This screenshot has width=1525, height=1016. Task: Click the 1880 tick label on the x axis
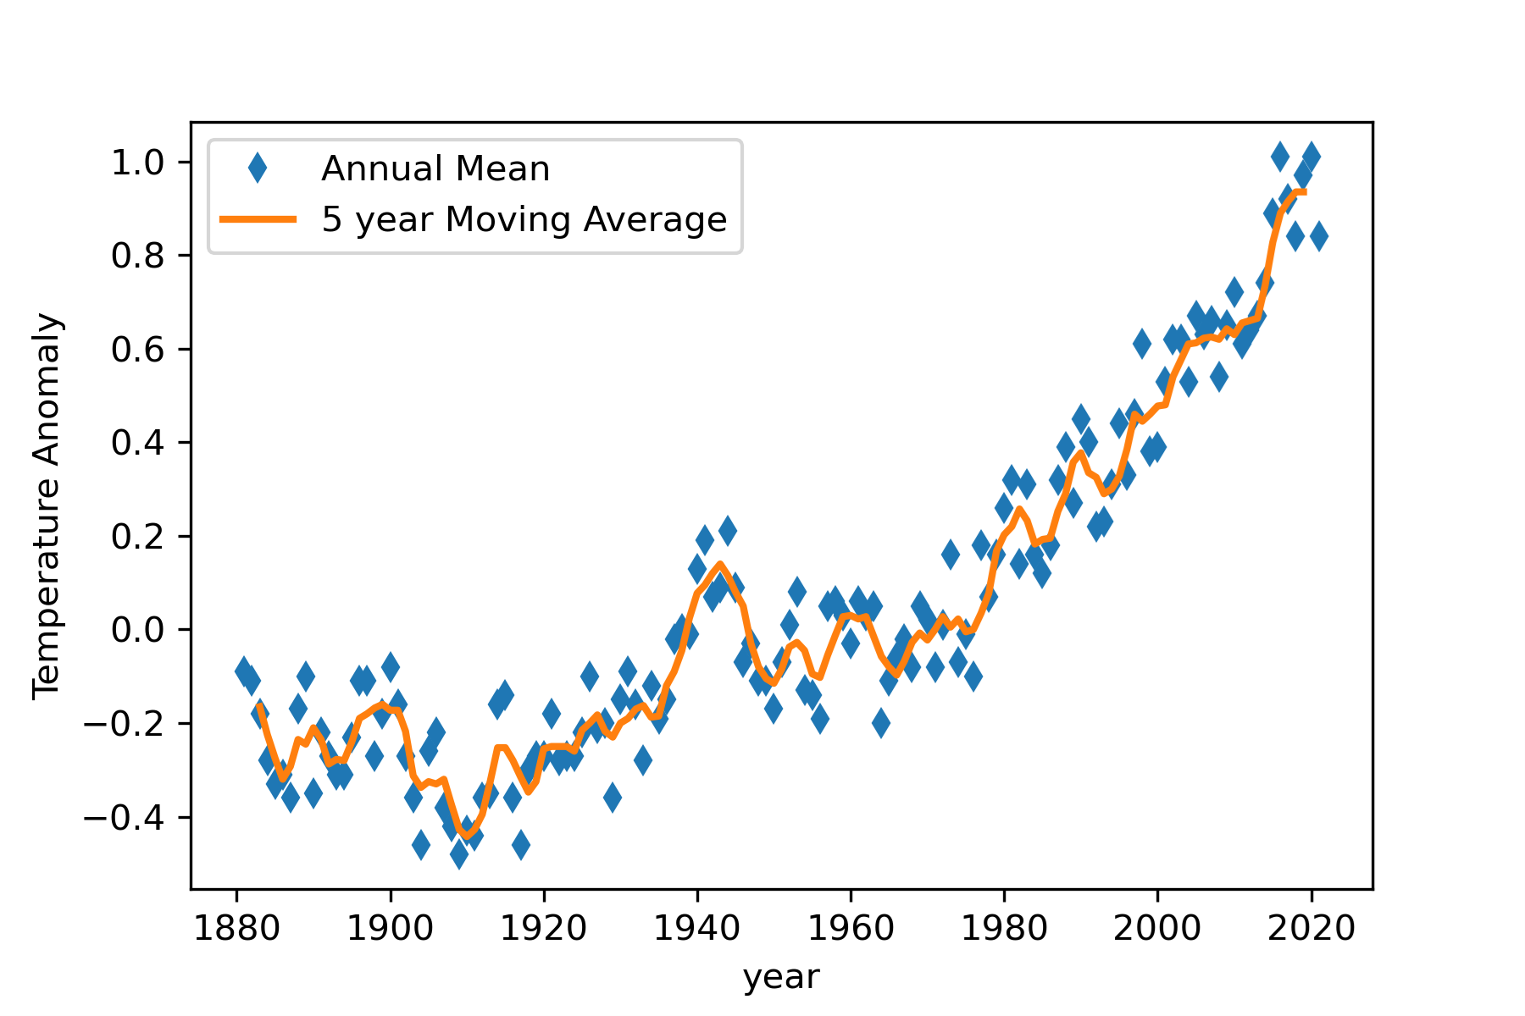(x=236, y=929)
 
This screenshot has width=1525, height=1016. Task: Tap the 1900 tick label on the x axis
(x=391, y=929)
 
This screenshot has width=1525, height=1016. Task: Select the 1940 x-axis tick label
(x=697, y=929)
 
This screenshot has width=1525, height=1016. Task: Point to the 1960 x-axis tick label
(x=851, y=929)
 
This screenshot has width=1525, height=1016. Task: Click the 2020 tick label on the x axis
(x=1311, y=929)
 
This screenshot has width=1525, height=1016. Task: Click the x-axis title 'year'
(x=781, y=977)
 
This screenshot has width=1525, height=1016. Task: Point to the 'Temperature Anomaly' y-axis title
(x=47, y=506)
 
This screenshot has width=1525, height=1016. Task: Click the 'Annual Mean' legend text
(x=435, y=169)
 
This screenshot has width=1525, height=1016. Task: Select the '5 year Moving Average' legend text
(x=524, y=220)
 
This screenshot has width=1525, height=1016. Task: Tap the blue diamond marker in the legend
(x=258, y=169)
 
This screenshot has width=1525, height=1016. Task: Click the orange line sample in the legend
(x=258, y=220)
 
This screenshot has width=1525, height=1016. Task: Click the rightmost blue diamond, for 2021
(x=1319, y=237)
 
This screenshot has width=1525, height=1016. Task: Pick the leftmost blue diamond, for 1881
(x=244, y=671)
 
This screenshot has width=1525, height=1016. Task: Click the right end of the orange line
(x=1304, y=192)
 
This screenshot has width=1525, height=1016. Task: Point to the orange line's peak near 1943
(x=720, y=563)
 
